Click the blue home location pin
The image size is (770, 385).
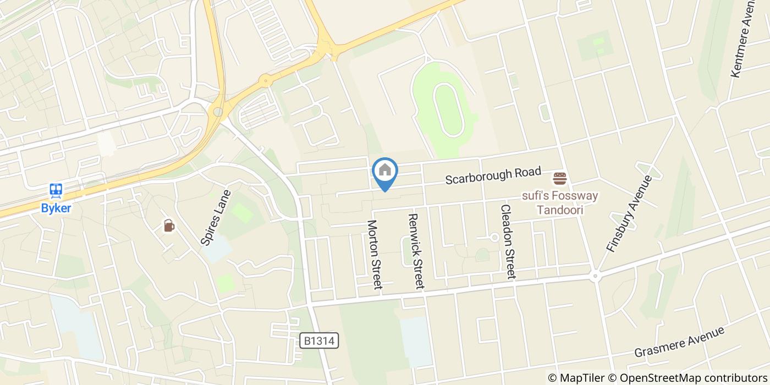click(385, 172)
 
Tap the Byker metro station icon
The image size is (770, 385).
click(56, 191)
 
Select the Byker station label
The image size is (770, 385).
click(56, 208)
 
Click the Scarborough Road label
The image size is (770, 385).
click(493, 175)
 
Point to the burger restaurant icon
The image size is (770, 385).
click(560, 178)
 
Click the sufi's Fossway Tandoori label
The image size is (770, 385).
click(560, 202)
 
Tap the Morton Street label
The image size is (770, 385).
click(375, 254)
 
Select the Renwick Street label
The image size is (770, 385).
click(416, 251)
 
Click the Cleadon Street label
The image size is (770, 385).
click(507, 241)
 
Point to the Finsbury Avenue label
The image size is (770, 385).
click(629, 213)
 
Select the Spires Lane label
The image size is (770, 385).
click(216, 217)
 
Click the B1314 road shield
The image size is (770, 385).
click(319, 341)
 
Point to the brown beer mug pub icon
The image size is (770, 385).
click(169, 226)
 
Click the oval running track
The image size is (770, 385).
click(446, 109)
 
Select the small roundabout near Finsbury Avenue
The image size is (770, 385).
click(595, 276)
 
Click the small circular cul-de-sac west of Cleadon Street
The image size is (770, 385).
click(494, 238)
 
